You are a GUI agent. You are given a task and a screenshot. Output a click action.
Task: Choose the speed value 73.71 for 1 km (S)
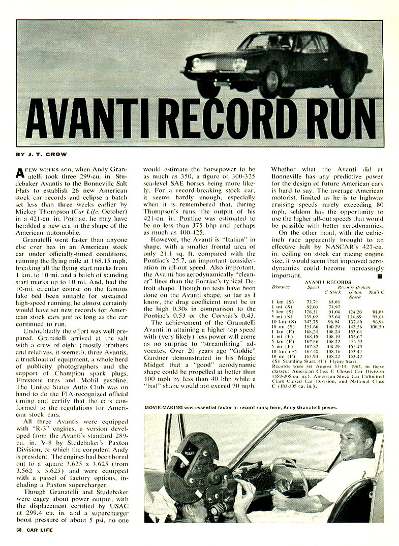(x=313, y=304)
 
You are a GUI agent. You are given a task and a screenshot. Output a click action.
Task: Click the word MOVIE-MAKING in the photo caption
(x=163, y=407)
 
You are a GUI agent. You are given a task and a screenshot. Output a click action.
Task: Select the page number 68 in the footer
(x=18, y=530)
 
